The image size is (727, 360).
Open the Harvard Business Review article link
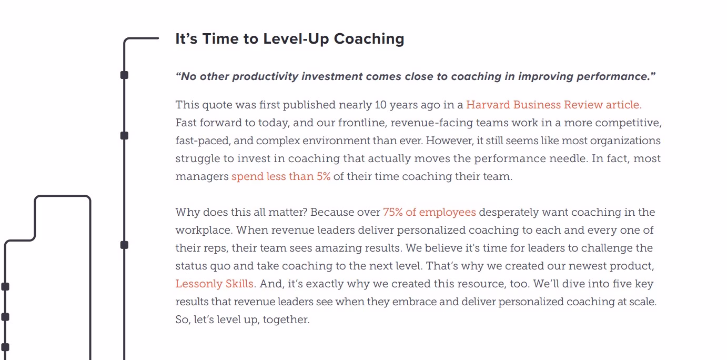(554, 105)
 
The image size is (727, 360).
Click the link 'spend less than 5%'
(281, 176)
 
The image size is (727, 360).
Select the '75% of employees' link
(429, 212)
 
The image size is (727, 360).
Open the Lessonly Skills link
(214, 284)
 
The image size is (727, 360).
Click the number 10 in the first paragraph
(380, 105)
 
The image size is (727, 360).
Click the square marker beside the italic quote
(124, 75)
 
